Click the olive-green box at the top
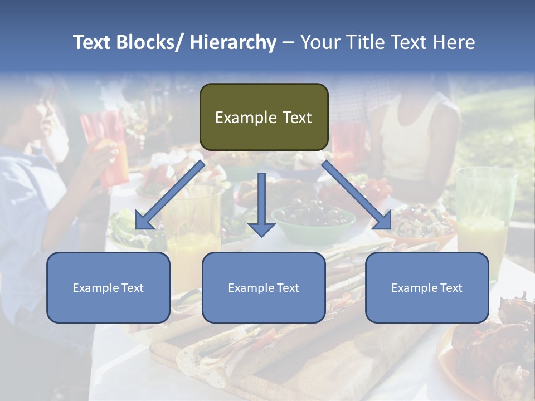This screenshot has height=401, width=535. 264,117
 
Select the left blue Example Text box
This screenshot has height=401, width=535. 108,287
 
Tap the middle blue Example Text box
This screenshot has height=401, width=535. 264,287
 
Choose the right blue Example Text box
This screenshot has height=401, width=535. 427,287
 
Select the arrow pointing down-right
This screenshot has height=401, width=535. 357,195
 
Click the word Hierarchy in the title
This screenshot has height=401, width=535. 233,42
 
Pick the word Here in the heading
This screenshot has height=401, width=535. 455,42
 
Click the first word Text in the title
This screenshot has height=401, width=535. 91,42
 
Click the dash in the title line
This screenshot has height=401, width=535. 288,43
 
